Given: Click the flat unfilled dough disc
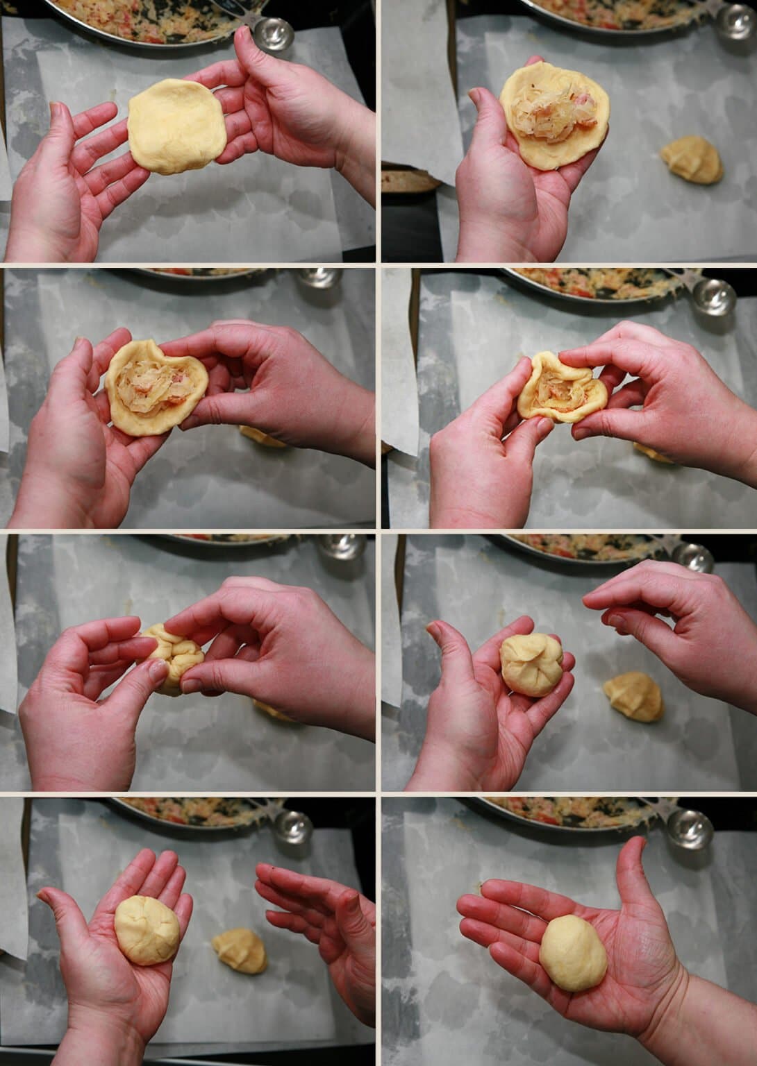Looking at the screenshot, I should (176, 126).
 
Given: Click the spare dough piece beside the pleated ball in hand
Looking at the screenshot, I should (632, 697).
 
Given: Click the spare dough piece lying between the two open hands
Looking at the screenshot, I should (240, 951).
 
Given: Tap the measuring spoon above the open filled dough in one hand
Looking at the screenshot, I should (733, 21).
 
